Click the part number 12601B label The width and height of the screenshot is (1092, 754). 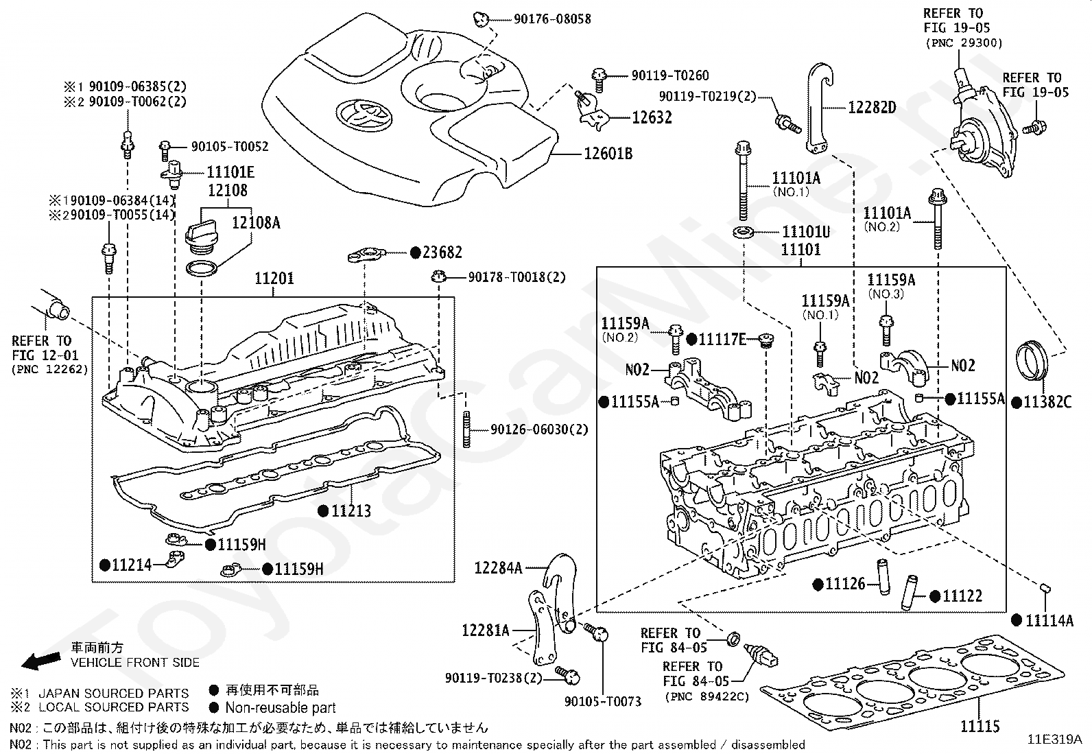tap(608, 154)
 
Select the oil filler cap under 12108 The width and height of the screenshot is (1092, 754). tap(204, 234)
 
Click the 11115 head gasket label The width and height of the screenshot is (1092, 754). tap(979, 727)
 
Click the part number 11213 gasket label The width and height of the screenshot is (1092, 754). tap(351, 511)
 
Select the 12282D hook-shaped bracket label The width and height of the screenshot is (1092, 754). tap(872, 107)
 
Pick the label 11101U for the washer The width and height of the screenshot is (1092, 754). tap(806, 233)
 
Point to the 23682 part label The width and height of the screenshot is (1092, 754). tap(442, 253)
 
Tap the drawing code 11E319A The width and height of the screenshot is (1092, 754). tap(1054, 740)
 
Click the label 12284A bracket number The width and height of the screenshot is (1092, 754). tap(498, 568)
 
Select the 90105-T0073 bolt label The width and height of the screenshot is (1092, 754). tap(602, 701)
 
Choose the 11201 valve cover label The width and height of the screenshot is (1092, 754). tap(274, 279)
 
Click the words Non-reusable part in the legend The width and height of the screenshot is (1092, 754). tap(280, 707)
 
